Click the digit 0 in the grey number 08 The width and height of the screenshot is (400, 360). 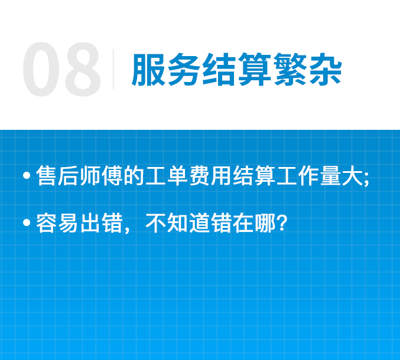tap(41, 69)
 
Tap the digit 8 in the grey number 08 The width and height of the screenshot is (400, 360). tap(83, 69)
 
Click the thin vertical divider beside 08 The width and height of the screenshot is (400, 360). tap(113, 69)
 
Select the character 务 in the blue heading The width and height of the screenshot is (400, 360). tap(184, 69)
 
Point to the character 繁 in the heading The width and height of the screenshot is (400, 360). tap(290, 69)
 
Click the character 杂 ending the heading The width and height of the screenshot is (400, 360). tap(325, 69)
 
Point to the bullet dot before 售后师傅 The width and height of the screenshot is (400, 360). tap(27, 175)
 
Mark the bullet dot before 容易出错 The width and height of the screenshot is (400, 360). tap(27, 222)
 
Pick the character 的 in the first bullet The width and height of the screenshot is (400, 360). tap(134, 175)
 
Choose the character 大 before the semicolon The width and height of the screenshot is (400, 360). tap(352, 175)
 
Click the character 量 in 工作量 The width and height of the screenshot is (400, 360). tap(331, 175)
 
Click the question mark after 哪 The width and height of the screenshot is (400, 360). tap(282, 222)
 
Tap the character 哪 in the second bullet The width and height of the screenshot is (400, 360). tap(265, 222)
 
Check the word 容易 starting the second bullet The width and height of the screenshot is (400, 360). tap(57, 222)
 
